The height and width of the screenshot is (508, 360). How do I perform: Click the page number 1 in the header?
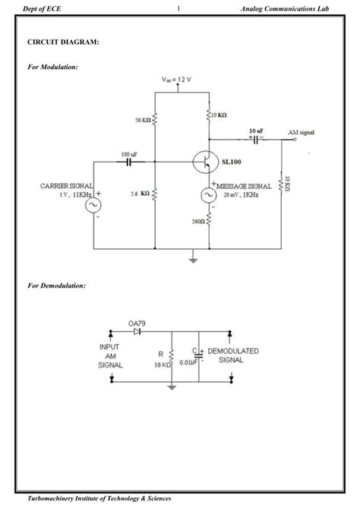(x=177, y=8)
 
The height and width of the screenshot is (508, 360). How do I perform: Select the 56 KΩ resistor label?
(x=141, y=119)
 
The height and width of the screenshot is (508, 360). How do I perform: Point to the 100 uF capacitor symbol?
(x=128, y=162)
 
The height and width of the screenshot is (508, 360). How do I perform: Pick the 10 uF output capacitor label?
(x=256, y=131)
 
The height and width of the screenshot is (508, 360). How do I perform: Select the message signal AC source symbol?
(x=207, y=196)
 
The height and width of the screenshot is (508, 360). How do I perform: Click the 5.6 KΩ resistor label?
(x=139, y=194)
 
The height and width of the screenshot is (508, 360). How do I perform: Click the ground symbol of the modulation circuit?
(x=193, y=260)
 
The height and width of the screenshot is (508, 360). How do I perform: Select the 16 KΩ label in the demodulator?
(x=160, y=364)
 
